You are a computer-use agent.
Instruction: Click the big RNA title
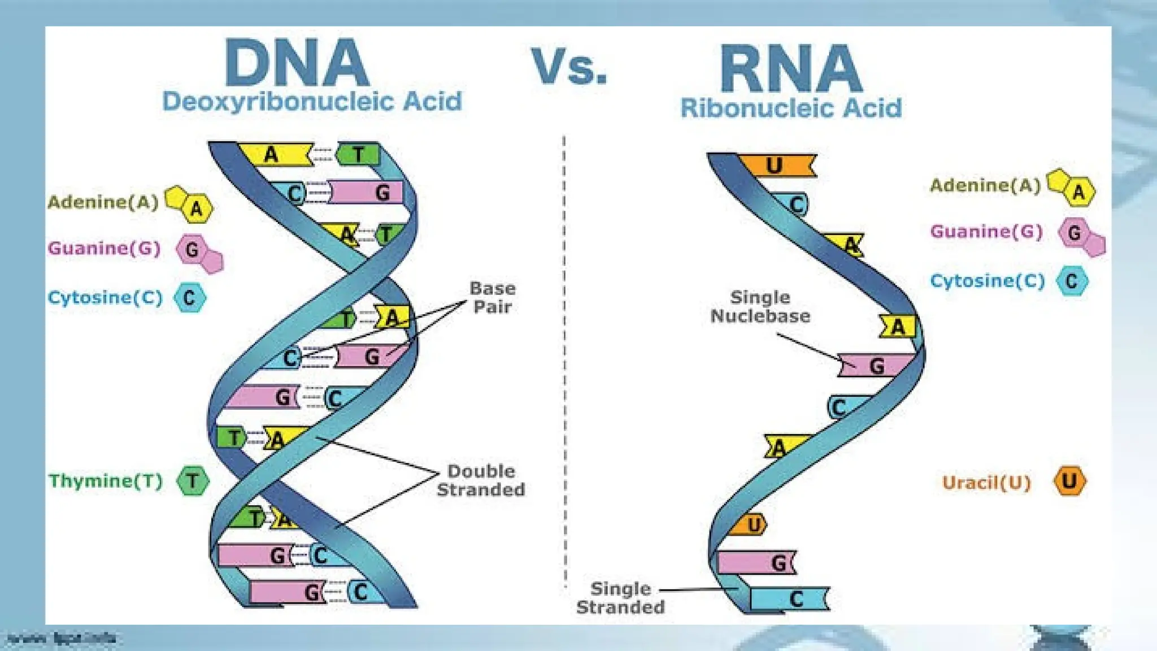click(x=791, y=69)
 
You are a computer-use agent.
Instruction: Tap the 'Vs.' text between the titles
click(x=569, y=67)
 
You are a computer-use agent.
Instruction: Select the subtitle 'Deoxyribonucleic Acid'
click(x=312, y=102)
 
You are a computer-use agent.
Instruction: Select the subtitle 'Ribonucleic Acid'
click(x=791, y=108)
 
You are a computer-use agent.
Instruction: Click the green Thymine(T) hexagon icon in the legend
click(x=193, y=481)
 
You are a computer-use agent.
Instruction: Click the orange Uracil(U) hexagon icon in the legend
click(x=1069, y=481)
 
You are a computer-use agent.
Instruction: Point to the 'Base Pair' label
click(x=492, y=298)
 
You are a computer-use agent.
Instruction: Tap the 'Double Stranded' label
click(x=481, y=480)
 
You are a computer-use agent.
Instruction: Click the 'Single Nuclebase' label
click(x=760, y=307)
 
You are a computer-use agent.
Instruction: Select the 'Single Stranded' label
click(x=620, y=598)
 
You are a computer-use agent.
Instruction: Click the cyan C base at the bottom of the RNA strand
click(x=791, y=598)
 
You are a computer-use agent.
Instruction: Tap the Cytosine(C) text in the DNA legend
click(x=105, y=297)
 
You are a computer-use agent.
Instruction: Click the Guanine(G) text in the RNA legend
click(x=986, y=232)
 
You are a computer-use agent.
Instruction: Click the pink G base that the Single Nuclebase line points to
click(x=876, y=366)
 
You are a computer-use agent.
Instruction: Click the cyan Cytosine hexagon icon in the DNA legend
click(x=189, y=298)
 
